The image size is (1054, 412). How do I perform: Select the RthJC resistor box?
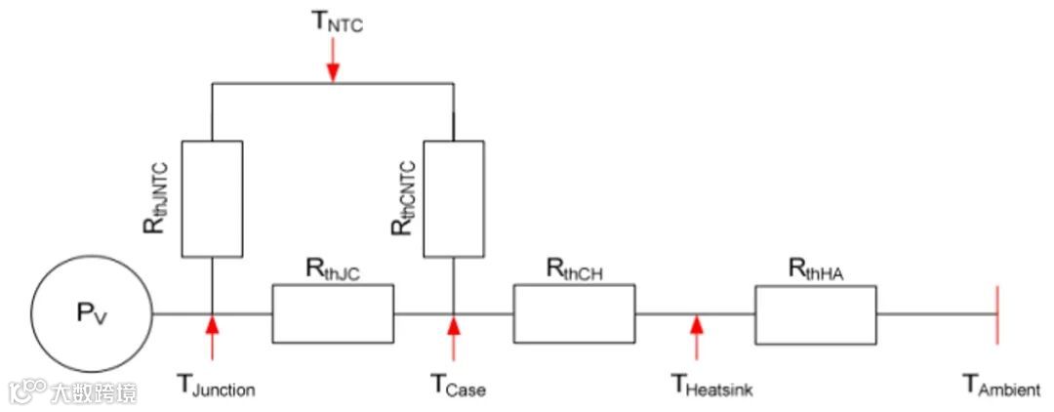click(333, 313)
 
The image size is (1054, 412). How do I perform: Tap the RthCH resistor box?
click(574, 313)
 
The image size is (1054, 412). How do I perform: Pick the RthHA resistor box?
click(815, 313)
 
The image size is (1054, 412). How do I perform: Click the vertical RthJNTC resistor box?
click(212, 198)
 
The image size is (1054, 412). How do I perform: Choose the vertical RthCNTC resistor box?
click(454, 198)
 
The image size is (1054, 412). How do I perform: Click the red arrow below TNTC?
click(334, 63)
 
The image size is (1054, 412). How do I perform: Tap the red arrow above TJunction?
click(212, 334)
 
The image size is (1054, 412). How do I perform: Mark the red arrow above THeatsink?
click(696, 334)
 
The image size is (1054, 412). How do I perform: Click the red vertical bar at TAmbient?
click(996, 314)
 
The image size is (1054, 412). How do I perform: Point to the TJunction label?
click(216, 386)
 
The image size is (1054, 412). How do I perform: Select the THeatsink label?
click(711, 386)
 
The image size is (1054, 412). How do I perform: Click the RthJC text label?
click(332, 270)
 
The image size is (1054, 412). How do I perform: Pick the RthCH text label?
click(574, 270)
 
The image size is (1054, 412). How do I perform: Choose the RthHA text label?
click(815, 270)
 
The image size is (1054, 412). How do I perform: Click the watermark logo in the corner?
click(73, 391)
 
